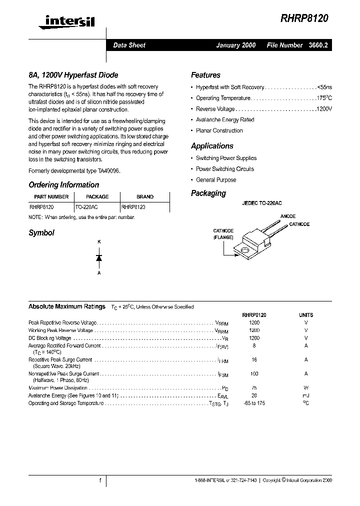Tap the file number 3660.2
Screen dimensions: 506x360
tap(318, 45)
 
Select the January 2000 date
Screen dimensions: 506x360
tap(235, 45)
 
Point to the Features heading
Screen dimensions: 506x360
tap(205, 75)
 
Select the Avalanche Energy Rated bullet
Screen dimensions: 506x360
tap(225, 120)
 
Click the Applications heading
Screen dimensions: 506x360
tap(212, 146)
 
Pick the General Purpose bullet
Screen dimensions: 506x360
tap(216, 180)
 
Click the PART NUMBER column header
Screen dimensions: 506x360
tap(51, 196)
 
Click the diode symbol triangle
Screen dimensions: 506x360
tap(99, 257)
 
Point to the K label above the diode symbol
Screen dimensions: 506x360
tap(99, 242)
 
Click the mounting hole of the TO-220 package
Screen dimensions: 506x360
tap(244, 249)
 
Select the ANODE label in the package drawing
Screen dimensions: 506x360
tap(287, 216)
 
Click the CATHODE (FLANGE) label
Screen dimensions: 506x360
tap(223, 234)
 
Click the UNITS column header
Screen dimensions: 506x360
tap(306, 315)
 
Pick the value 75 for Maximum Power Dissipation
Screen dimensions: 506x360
tap(254, 388)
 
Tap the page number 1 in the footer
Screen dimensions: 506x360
tap(100, 480)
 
